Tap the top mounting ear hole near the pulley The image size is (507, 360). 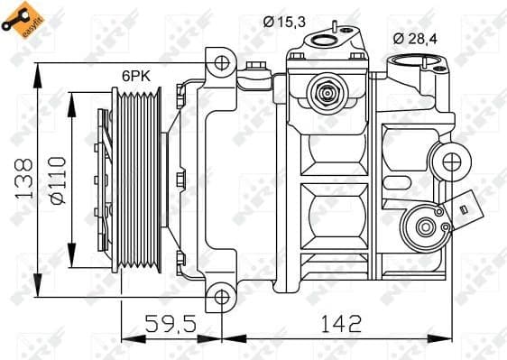tap(221, 64)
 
